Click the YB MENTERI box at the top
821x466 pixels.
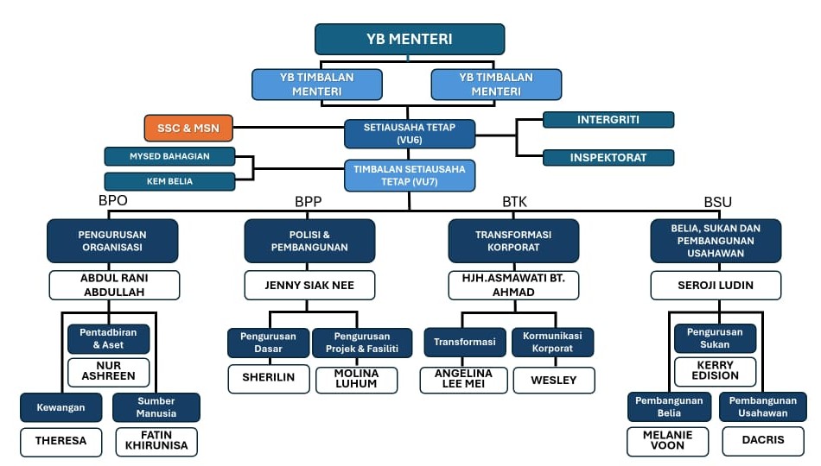[410, 39]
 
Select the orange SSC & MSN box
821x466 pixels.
[188, 129]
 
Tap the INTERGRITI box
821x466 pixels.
[608, 119]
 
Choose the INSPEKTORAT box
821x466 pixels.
[608, 158]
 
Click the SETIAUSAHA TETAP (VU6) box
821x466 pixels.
[410, 134]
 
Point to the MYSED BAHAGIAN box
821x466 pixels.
[169, 156]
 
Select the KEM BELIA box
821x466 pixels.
[169, 181]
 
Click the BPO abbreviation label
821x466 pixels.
[113, 202]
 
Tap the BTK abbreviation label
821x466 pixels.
[514, 202]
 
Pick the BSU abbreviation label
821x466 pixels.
[717, 202]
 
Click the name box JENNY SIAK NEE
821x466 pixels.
[309, 284]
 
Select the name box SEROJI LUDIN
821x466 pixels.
[716, 285]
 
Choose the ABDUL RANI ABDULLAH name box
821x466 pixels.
[114, 285]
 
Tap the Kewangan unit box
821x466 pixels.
[60, 406]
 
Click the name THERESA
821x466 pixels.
[60, 441]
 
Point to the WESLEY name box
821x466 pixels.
[554, 380]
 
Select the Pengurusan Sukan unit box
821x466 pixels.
[715, 337]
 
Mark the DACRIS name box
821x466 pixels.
[761, 440]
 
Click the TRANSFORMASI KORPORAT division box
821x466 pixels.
[513, 240]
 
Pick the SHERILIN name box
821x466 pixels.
[268, 378]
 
